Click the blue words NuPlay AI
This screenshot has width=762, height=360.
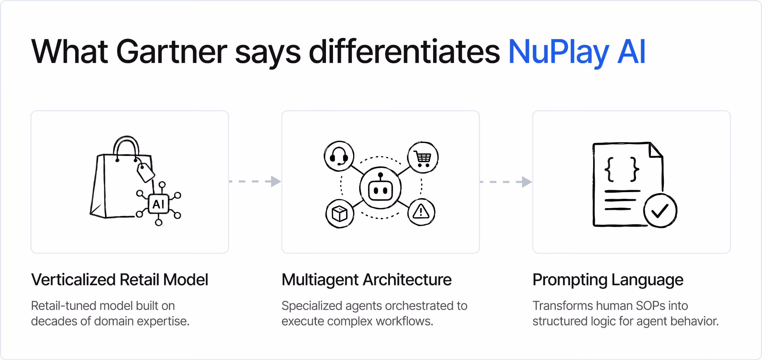[577, 52]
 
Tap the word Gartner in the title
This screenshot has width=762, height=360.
[172, 52]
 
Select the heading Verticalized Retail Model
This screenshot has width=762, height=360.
[120, 280]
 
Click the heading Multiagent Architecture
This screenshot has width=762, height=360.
[366, 280]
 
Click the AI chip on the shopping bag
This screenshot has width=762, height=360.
[159, 204]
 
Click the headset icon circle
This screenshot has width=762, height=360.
[339, 156]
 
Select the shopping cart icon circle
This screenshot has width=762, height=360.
[423, 157]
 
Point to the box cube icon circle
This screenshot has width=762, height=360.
[340, 213]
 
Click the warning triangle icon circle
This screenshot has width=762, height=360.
[421, 212]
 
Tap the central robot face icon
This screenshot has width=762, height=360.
[380, 188]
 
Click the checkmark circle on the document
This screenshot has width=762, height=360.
[660, 210]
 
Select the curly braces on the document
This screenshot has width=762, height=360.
[622, 169]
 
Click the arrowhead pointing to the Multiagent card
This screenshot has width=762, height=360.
[276, 181]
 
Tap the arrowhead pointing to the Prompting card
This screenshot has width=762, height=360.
[527, 182]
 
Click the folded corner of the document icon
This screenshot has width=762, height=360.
[656, 150]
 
